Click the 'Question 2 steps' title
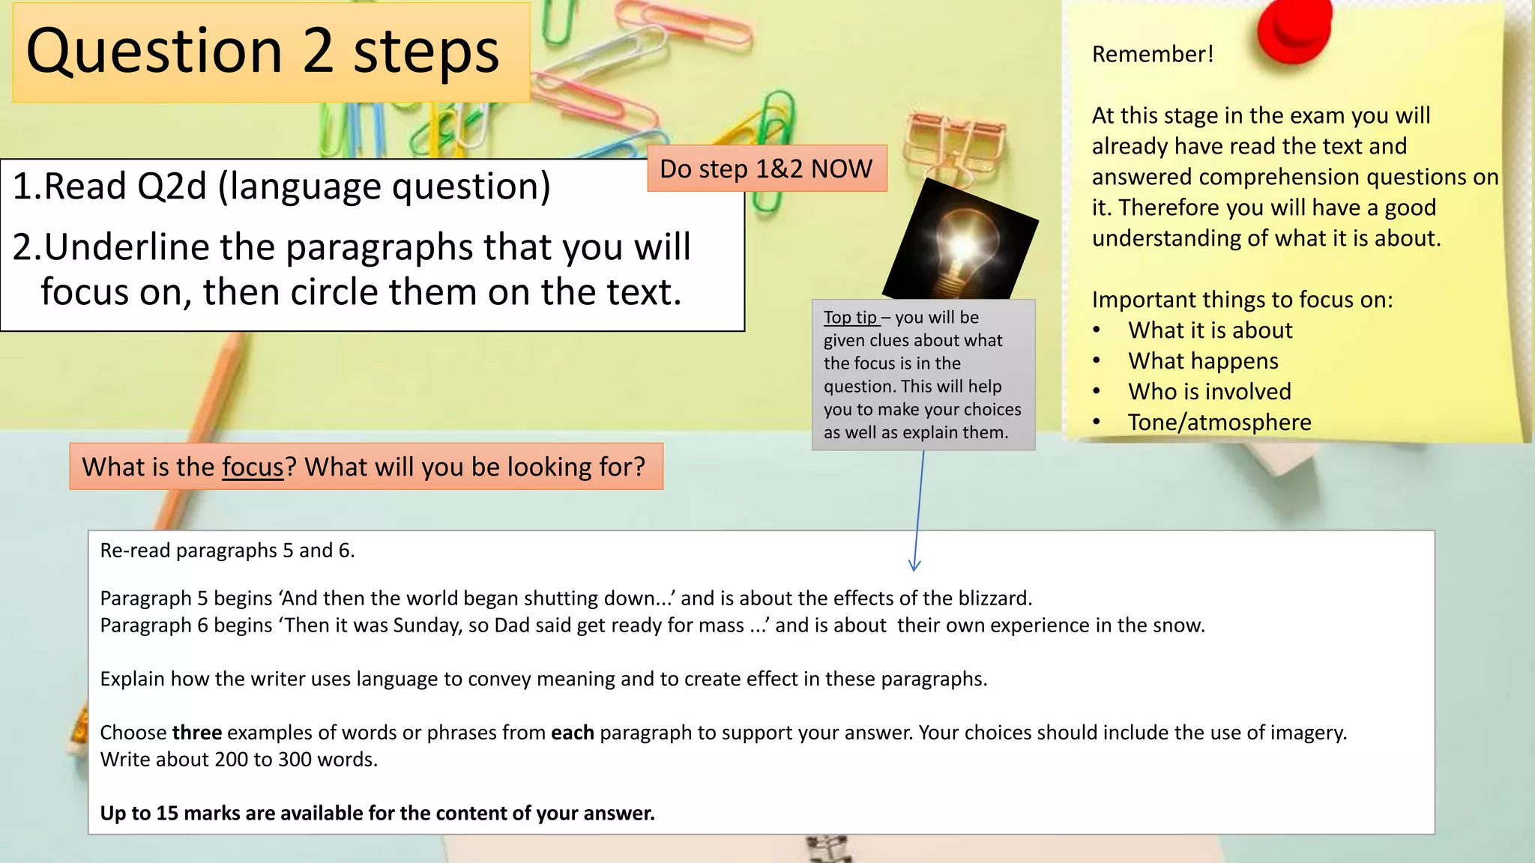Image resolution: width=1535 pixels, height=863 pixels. [x=262, y=51]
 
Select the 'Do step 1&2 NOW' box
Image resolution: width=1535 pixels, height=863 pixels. [x=766, y=169]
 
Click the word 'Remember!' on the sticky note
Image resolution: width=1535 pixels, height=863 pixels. [x=1152, y=54]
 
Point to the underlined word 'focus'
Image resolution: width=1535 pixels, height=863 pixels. [x=253, y=467]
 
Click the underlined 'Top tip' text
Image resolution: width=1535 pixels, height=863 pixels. [x=850, y=318]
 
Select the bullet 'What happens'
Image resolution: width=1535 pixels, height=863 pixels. [x=1203, y=361]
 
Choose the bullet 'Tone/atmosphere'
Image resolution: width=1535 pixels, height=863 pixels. [x=1219, y=423]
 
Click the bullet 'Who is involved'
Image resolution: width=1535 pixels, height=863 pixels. [x=1210, y=392]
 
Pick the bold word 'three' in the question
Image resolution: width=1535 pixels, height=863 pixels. [x=196, y=732]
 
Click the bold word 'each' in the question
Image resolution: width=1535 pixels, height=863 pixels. [x=572, y=732]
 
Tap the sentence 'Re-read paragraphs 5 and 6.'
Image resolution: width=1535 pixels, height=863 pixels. [x=227, y=551]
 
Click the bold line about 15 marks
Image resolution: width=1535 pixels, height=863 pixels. [x=377, y=813]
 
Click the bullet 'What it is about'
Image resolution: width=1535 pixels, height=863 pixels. [x=1210, y=330]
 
